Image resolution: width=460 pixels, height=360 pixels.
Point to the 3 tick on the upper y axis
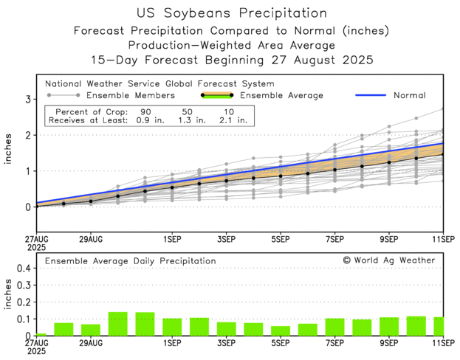[27, 99]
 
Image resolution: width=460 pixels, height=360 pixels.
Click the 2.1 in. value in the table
[233, 120]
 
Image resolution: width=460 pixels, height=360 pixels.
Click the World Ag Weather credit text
[389, 260]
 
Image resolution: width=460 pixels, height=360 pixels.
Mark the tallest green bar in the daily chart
[118, 324]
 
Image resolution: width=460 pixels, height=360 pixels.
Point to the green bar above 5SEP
[281, 330]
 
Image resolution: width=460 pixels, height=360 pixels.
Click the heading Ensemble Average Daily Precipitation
[131, 261]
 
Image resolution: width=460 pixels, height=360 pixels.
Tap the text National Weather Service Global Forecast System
[159, 83]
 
